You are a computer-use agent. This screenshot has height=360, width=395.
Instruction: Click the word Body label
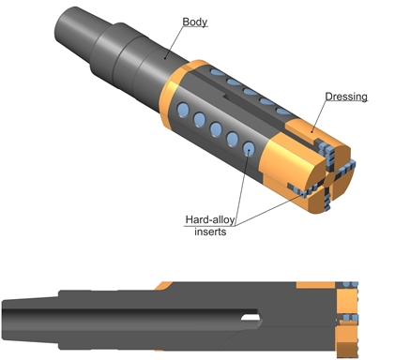point(194,22)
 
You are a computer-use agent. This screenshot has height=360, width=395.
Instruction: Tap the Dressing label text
point(346,97)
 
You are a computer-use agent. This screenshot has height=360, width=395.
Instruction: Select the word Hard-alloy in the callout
point(210,219)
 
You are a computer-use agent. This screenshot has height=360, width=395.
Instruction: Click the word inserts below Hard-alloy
point(210,232)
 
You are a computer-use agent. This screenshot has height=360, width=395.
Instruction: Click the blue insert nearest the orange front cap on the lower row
point(249,149)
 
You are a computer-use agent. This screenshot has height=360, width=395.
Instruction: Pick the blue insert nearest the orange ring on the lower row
point(183,110)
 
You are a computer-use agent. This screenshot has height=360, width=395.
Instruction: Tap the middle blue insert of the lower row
point(216,129)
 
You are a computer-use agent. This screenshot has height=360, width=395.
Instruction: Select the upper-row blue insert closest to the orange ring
point(218,72)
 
